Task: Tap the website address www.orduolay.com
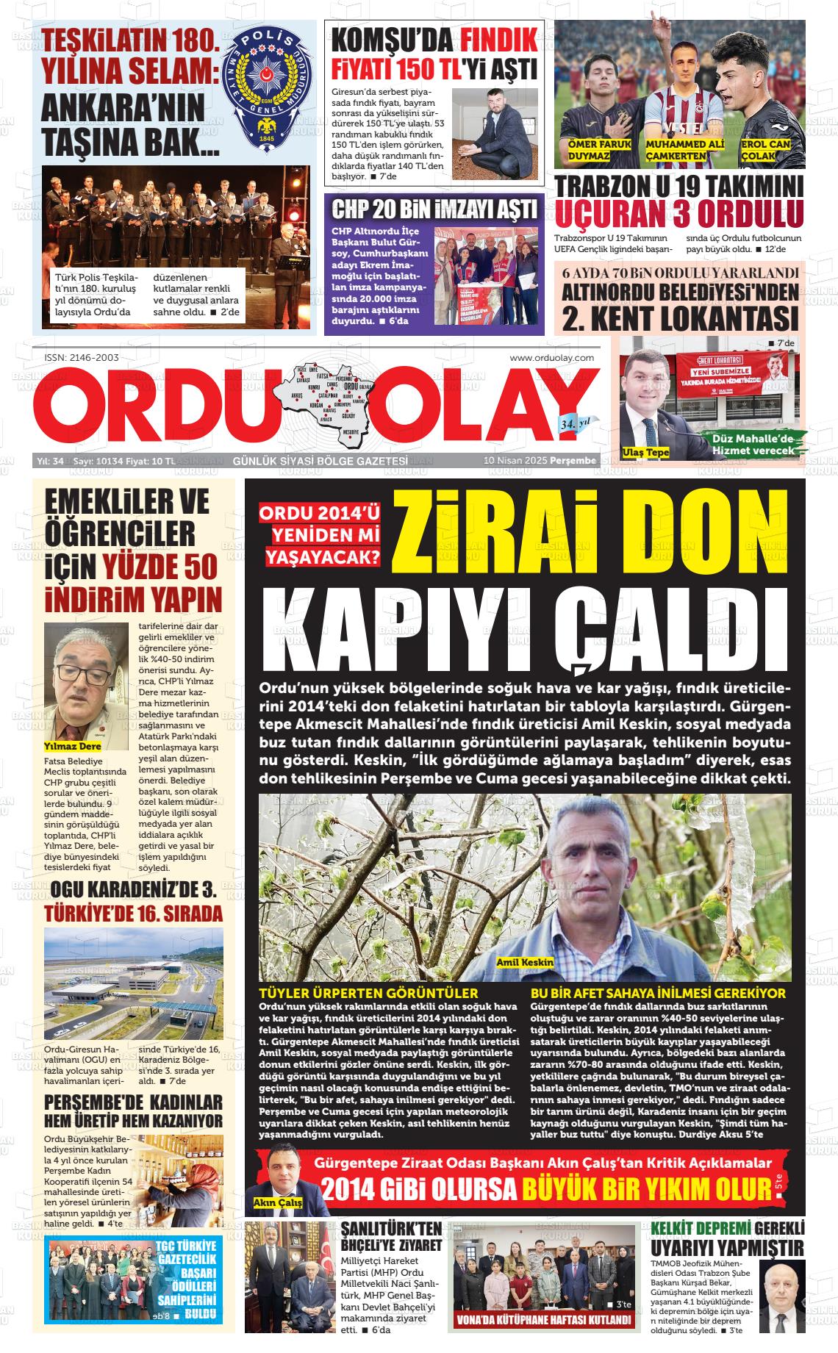(551, 357)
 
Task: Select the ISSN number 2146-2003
(82, 357)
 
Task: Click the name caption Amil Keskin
(525, 962)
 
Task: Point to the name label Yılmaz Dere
(73, 746)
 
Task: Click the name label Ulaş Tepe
(645, 452)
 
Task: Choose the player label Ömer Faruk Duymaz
(599, 150)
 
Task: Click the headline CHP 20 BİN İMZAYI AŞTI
(434, 209)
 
